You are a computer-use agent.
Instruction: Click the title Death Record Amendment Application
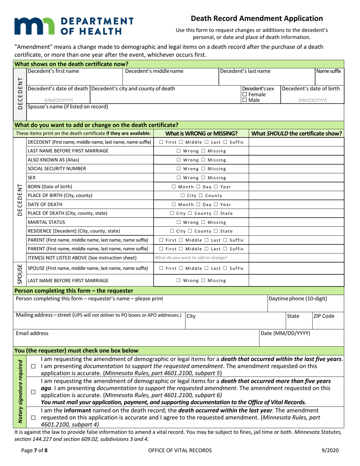(x=257, y=18)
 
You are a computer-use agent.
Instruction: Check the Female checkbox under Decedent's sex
(x=245, y=94)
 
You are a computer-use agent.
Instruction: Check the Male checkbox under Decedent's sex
(x=245, y=100)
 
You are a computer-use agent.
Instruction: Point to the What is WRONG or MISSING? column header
(x=201, y=133)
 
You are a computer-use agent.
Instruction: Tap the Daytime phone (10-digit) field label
(x=297, y=298)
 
